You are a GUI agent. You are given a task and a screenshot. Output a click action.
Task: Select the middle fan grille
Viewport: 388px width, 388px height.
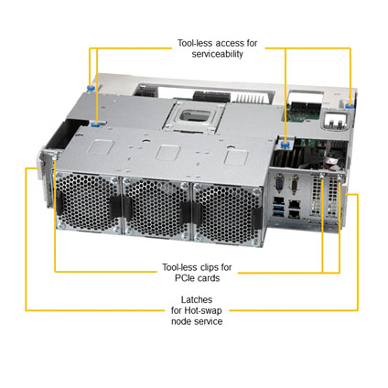click(156, 209)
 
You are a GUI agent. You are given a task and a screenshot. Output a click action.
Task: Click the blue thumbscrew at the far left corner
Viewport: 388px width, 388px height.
click(91, 89)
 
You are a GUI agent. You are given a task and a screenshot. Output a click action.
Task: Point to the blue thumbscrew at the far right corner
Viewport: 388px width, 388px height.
click(350, 106)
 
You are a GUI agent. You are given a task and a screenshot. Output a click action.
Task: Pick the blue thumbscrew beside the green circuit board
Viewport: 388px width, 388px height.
click(286, 144)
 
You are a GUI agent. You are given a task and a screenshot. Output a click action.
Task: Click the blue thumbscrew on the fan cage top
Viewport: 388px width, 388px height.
click(96, 124)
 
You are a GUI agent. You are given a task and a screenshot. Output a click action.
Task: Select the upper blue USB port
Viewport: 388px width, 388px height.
click(279, 208)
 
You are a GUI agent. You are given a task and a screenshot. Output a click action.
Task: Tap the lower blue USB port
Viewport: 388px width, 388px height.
click(279, 213)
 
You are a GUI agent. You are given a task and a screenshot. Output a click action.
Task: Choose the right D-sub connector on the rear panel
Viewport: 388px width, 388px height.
click(295, 185)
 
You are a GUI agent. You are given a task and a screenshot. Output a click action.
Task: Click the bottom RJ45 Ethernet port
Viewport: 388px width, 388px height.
click(294, 213)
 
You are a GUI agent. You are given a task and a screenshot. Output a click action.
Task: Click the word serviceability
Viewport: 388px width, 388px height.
click(218, 54)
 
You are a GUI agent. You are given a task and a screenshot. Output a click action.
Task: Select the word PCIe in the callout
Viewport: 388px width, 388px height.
click(185, 278)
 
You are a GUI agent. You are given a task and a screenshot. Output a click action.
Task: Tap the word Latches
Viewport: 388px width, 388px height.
click(197, 299)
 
